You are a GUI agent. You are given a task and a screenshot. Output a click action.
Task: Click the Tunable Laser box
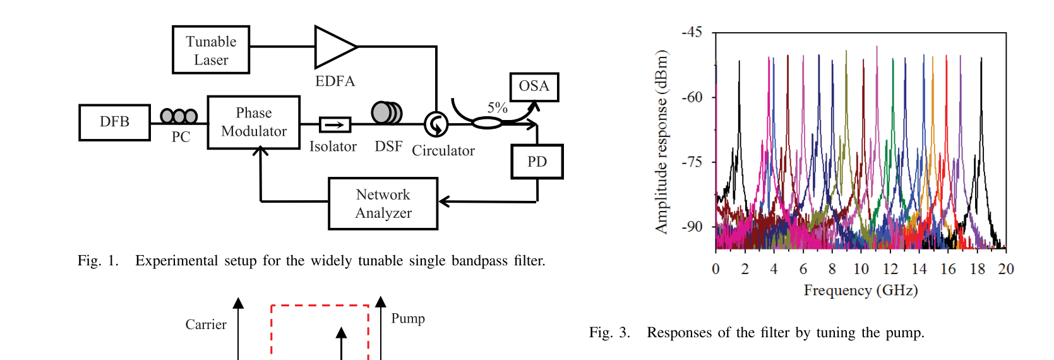211,50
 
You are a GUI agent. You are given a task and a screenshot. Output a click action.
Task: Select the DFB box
114,122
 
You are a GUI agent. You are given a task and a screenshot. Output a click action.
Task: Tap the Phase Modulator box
254,123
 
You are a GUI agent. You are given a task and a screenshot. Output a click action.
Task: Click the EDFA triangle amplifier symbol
333,47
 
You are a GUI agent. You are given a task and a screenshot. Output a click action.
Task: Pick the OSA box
534,87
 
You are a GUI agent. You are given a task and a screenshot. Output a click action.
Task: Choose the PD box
537,162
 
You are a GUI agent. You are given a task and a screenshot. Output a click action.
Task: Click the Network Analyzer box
383,203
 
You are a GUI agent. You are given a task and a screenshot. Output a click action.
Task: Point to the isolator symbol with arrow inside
335,124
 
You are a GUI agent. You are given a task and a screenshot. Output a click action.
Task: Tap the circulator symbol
436,124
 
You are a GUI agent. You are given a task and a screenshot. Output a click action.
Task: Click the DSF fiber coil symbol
386,113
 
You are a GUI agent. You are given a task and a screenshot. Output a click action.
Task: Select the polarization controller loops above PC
179,116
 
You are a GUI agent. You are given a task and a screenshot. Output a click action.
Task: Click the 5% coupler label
497,108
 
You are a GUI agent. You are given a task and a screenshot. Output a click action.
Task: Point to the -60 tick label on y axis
692,97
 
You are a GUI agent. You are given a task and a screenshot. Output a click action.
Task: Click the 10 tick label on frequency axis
861,269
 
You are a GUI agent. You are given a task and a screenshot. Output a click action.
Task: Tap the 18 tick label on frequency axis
977,269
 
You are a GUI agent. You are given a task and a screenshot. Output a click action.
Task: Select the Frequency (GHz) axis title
860,290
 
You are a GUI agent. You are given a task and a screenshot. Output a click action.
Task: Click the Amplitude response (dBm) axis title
661,142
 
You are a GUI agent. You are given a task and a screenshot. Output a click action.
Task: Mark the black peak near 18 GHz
981,60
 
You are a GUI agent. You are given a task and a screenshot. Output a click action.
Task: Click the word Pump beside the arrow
408,318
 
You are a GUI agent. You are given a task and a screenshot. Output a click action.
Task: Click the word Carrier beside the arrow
206,325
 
